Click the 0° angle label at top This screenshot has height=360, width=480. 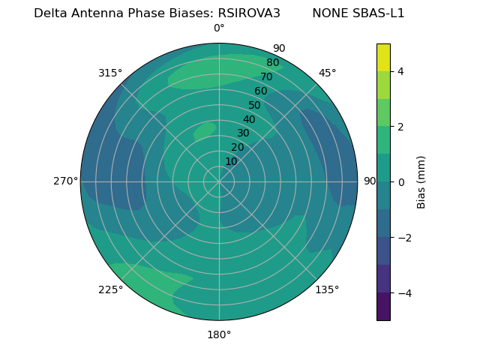(x=219, y=28)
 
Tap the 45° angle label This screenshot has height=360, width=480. (x=327, y=73)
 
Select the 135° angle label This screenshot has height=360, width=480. (x=327, y=289)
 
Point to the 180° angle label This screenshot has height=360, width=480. (x=219, y=334)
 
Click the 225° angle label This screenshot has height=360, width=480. (x=110, y=289)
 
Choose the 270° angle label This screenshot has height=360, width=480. (x=65, y=181)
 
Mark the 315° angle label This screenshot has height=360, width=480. (x=110, y=73)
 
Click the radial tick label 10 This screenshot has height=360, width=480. (x=231, y=161)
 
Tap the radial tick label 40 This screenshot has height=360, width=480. (x=249, y=119)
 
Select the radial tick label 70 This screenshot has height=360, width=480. (x=266, y=77)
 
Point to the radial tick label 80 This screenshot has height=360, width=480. (x=272, y=63)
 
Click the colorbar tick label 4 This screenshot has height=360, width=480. (x=400, y=71)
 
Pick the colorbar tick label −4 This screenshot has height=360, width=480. (x=403, y=293)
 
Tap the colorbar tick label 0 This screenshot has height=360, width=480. (x=400, y=182)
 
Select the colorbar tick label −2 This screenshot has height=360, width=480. (x=403, y=238)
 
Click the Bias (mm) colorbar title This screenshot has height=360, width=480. (x=421, y=181)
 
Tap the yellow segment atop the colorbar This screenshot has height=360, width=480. (x=383, y=57)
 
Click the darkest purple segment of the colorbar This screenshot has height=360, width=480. (x=383, y=306)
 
